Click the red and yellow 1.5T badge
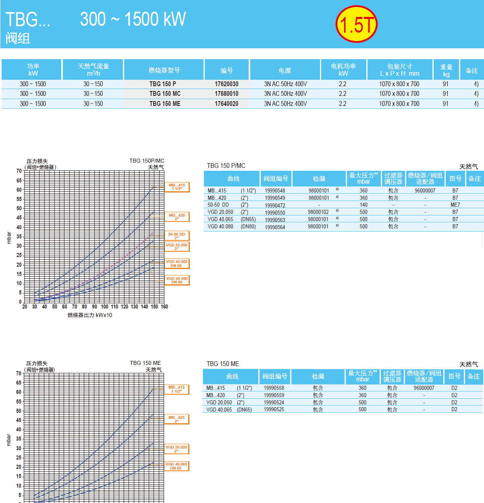(x=356, y=24)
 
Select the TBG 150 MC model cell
(x=165, y=94)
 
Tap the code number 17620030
(x=226, y=84)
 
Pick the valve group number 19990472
(x=275, y=205)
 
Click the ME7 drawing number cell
(x=455, y=205)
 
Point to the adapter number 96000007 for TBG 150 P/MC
(x=425, y=190)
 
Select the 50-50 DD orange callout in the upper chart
(x=177, y=236)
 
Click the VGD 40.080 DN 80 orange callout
(x=177, y=280)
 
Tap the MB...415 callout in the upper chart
(x=177, y=187)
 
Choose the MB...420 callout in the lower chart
(x=177, y=419)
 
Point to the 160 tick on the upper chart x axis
(x=164, y=307)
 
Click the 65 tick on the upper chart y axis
(x=19, y=181)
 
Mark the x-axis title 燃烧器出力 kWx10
(x=90, y=315)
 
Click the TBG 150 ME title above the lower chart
(x=145, y=363)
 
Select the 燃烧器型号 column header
(x=164, y=70)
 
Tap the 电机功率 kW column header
(x=343, y=70)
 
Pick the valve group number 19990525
(x=274, y=410)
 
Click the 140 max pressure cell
(x=364, y=205)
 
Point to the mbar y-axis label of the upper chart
(x=9, y=238)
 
